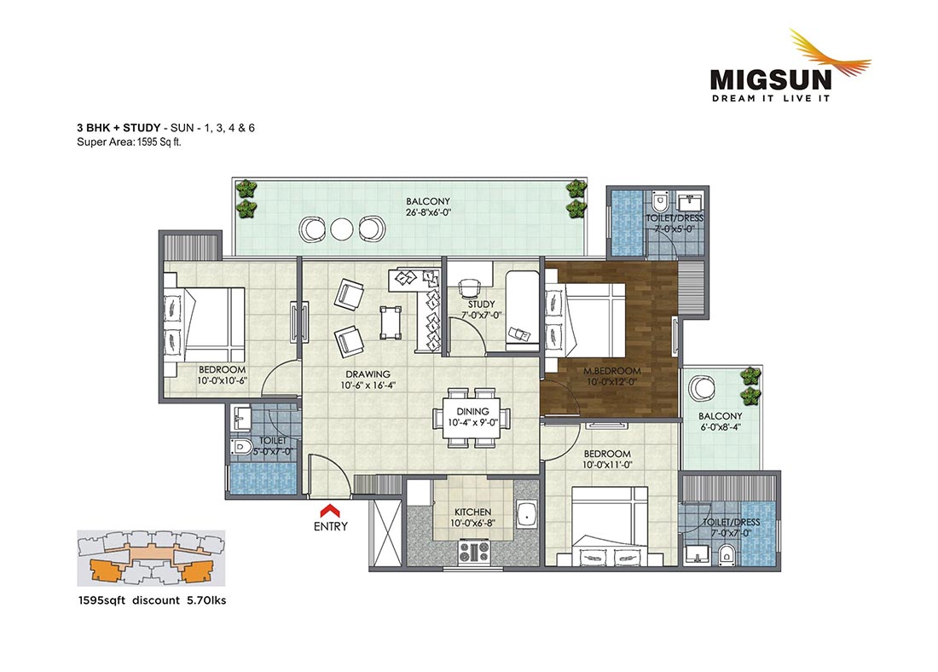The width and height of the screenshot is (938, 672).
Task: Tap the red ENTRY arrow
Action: [330, 510]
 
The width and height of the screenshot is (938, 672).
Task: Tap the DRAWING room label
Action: [368, 374]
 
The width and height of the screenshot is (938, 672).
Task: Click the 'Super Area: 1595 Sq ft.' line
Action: [129, 142]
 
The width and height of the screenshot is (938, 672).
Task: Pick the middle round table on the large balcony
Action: [340, 229]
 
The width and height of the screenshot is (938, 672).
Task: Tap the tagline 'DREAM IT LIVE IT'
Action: [771, 98]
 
